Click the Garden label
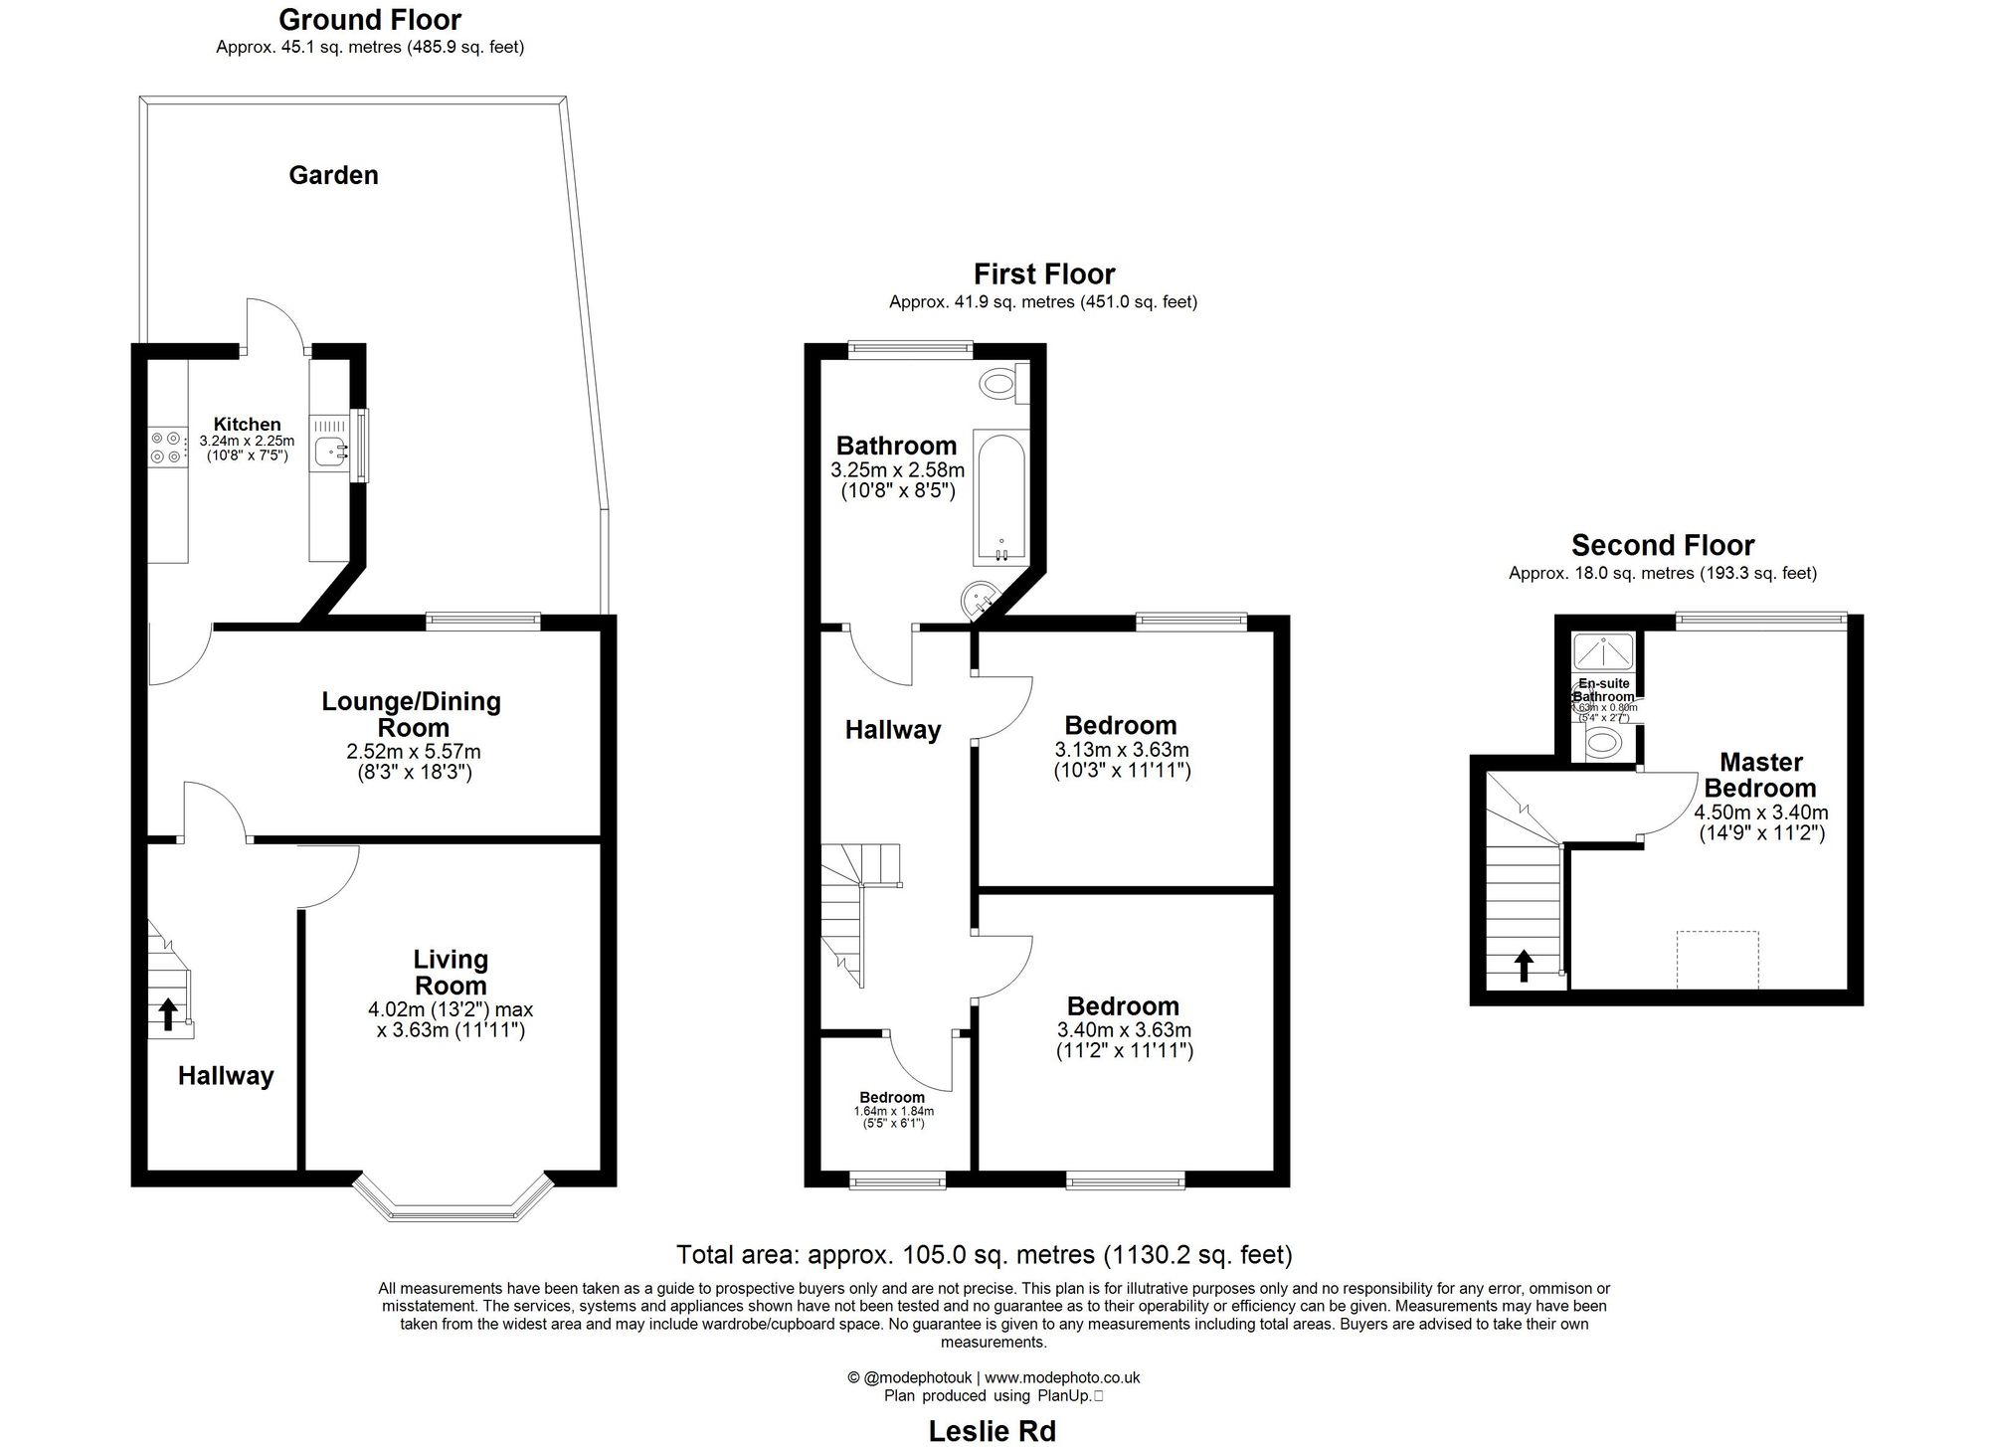333,175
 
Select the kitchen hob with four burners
166,447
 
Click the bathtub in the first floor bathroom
1001,496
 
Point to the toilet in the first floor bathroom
998,382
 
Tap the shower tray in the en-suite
1603,651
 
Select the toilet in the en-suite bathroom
1602,741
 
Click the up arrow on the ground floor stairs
168,1014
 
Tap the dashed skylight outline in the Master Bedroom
1718,960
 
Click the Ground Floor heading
370,20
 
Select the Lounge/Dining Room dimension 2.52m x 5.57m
413,752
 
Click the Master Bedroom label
1760,775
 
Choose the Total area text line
984,1255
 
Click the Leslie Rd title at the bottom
992,1430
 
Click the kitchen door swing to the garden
273,323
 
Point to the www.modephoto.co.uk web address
1062,1377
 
